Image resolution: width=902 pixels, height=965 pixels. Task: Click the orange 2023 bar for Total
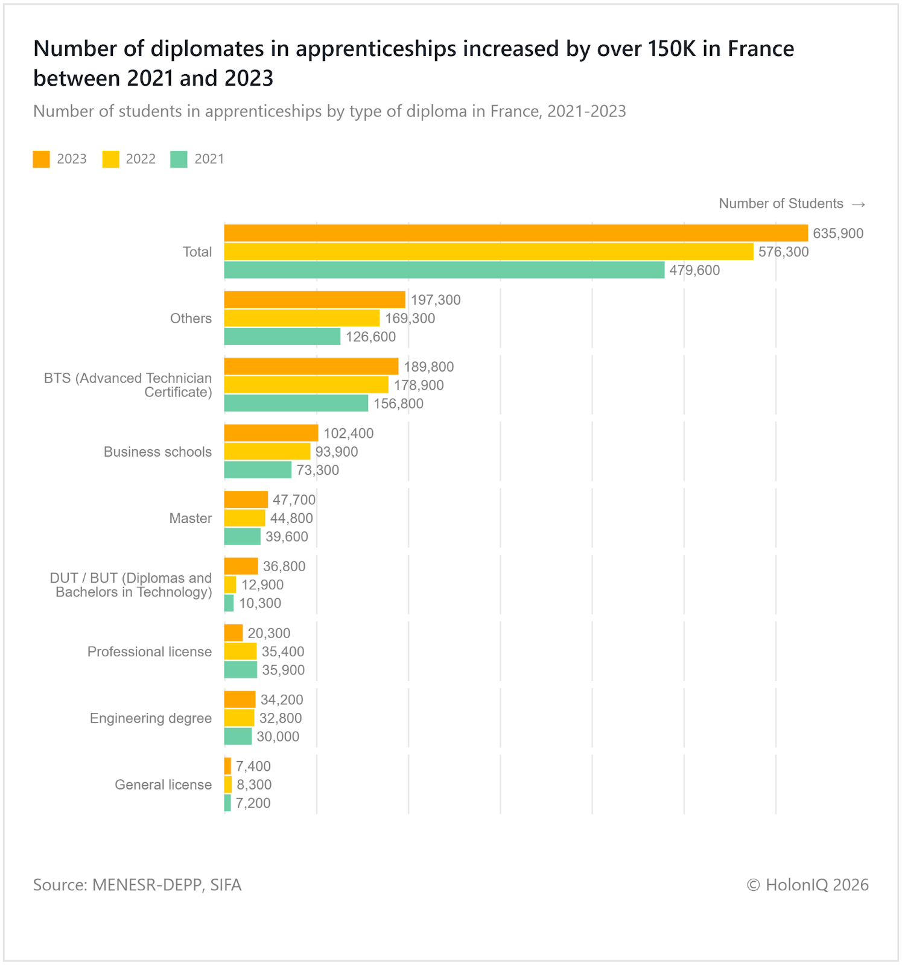516,233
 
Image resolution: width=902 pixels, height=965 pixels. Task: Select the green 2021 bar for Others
282,337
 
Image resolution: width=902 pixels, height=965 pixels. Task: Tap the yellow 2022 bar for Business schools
267,452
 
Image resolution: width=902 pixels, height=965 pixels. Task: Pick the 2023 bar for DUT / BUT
241,566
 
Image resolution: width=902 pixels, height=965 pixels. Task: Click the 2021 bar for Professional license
241,670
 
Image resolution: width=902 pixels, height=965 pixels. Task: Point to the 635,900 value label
838,233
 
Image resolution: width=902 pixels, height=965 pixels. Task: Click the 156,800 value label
398,403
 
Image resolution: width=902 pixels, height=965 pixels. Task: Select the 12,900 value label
262,585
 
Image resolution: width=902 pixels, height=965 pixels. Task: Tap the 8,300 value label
253,785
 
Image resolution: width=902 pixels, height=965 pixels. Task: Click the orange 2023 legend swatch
42,159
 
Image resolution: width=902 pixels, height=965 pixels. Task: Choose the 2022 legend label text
141,159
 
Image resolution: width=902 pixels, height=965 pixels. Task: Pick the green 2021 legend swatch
179,159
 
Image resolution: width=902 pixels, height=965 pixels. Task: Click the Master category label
191,519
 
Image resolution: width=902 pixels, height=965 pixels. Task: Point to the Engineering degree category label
151,718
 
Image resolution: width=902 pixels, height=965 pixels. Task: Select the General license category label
164,785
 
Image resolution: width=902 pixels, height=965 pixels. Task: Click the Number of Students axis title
781,204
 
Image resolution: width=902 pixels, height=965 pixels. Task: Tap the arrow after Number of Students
859,204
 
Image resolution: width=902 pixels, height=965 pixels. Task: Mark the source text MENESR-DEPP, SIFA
167,885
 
